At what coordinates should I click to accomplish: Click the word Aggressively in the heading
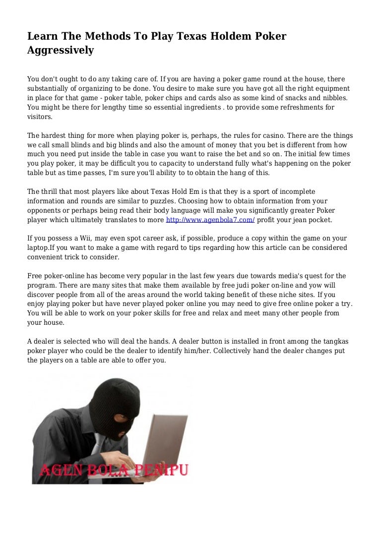click(x=60, y=50)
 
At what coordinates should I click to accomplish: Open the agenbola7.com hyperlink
click(x=210, y=219)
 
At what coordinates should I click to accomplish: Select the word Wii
click(x=79, y=238)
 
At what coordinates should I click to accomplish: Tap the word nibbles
click(x=333, y=98)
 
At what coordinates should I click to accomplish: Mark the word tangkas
click(x=330, y=341)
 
